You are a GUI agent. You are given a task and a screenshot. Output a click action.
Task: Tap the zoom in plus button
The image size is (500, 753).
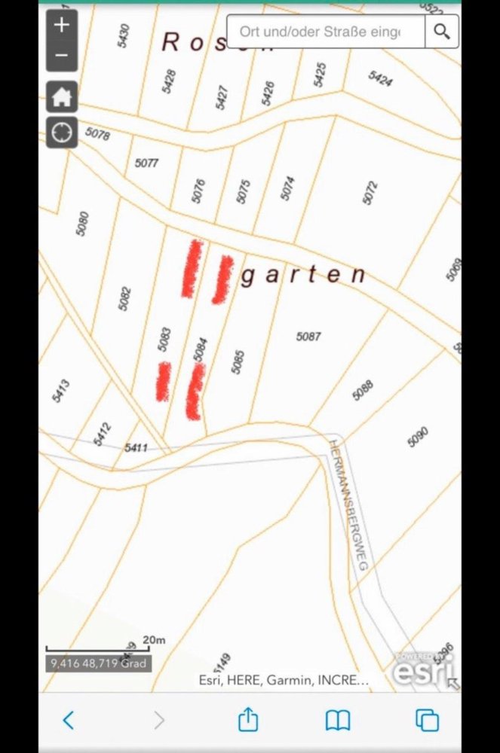[x=62, y=25]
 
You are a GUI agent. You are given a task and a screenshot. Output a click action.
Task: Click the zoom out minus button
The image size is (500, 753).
[x=62, y=56]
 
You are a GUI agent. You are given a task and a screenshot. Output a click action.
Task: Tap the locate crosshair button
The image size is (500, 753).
[x=62, y=133]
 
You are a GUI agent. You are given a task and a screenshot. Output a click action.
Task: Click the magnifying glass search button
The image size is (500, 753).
[x=442, y=32]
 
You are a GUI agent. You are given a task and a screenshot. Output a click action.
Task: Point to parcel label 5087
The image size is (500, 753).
[x=308, y=337]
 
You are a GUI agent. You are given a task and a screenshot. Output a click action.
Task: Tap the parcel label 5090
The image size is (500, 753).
[x=418, y=437]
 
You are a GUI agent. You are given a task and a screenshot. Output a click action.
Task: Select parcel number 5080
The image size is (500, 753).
[x=83, y=224]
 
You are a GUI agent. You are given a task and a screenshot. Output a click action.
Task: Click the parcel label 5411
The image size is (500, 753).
[x=136, y=448]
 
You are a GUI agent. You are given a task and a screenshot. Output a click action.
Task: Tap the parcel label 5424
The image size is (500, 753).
[x=380, y=78]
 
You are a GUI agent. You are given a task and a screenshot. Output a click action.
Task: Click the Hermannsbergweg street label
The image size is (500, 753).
[x=348, y=505]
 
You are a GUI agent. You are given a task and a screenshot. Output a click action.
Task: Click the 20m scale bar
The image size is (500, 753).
[x=98, y=647]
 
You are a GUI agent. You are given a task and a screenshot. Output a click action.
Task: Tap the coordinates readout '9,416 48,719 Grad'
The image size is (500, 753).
[x=98, y=663]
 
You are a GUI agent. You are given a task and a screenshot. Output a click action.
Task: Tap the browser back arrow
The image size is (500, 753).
[x=68, y=721]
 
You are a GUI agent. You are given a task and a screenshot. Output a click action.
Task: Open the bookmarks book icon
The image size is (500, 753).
[x=337, y=721]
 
